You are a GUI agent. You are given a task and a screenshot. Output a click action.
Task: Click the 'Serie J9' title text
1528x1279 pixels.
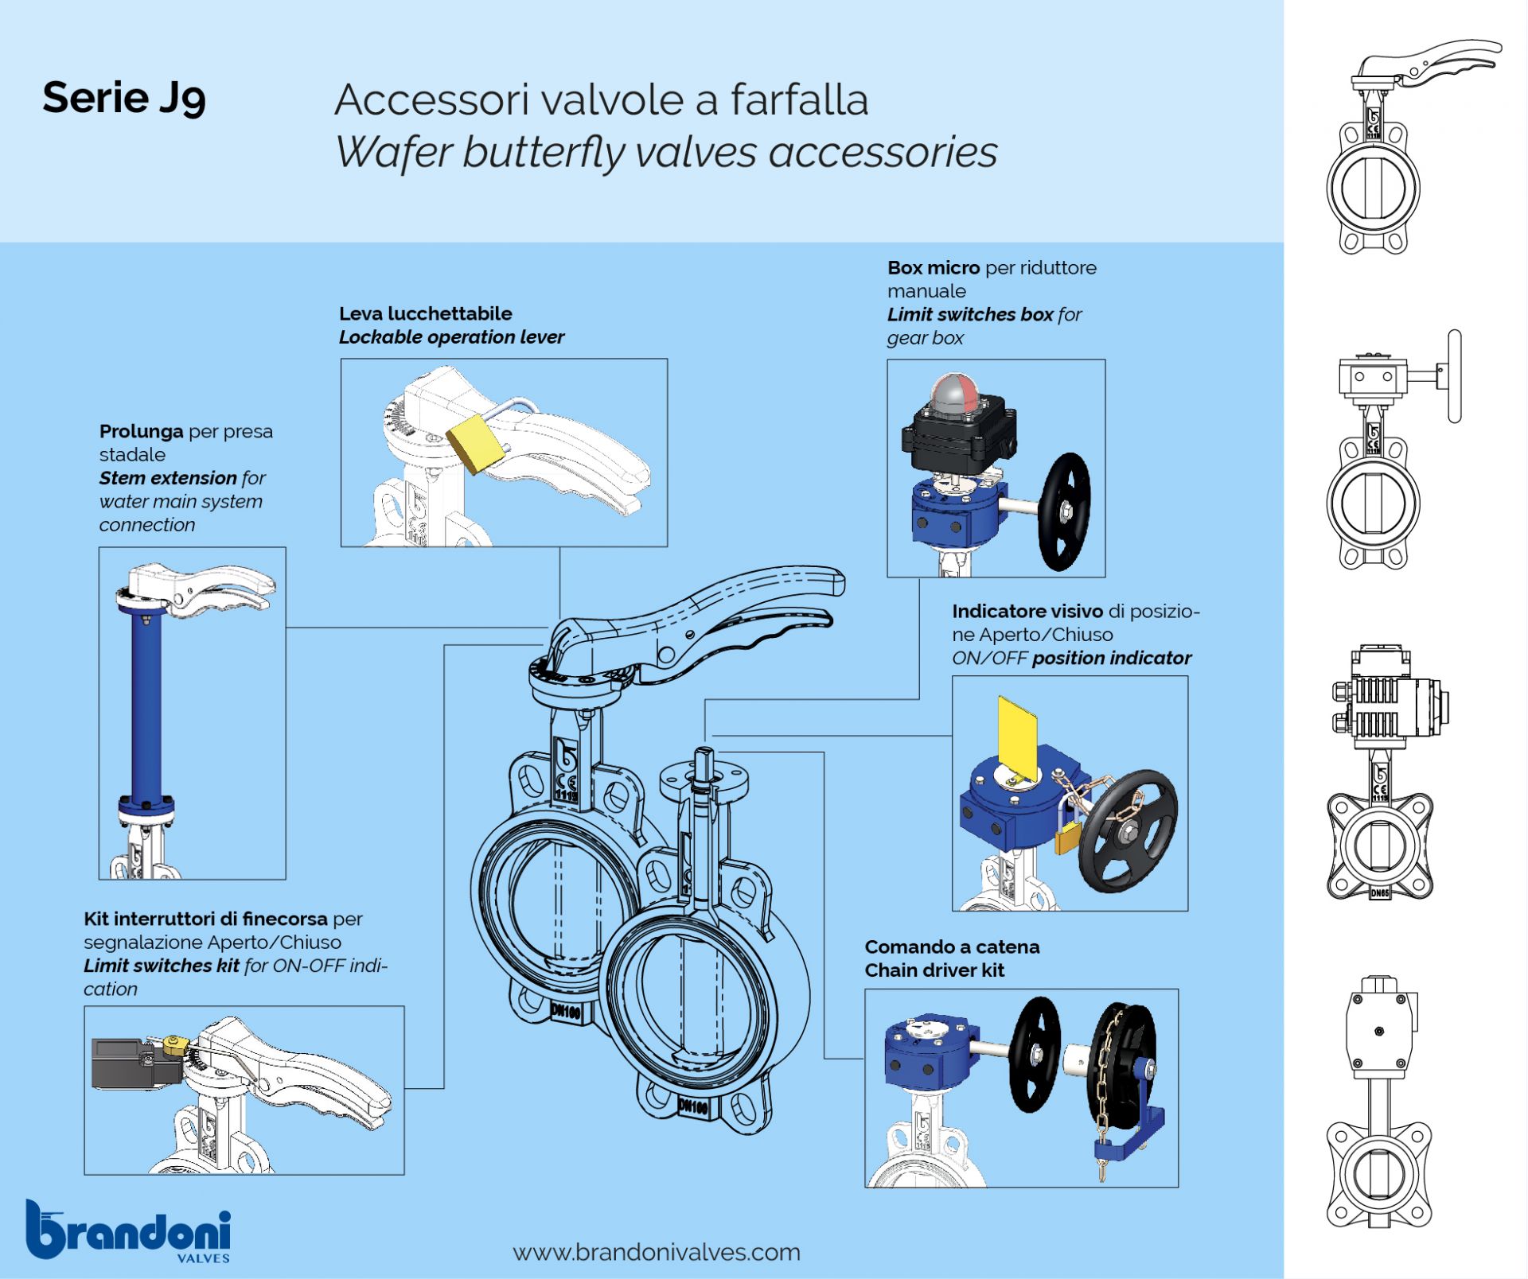point(124,98)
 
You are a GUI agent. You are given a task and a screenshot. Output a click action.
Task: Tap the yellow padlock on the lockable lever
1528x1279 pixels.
point(475,442)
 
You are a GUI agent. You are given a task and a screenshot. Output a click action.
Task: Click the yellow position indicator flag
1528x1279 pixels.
point(1018,736)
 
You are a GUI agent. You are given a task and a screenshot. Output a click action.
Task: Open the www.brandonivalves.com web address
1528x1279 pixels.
point(657,1252)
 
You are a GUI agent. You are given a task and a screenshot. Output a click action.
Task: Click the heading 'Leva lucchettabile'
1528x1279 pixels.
point(426,313)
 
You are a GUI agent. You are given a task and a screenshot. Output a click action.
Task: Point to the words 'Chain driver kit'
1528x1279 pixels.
point(934,970)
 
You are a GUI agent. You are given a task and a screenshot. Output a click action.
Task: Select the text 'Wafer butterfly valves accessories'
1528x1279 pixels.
point(665,152)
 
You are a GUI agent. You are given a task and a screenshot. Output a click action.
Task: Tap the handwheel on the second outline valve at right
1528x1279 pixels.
point(1454,376)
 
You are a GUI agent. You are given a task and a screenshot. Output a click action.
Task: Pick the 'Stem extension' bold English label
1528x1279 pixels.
point(168,478)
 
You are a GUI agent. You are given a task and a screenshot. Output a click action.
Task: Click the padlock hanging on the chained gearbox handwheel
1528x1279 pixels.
point(1068,838)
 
